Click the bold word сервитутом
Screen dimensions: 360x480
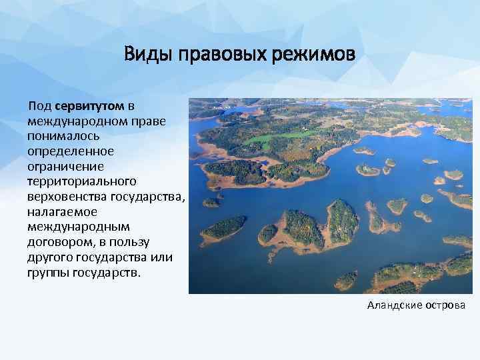90,106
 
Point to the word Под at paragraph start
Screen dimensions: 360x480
40,106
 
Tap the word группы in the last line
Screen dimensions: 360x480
47,271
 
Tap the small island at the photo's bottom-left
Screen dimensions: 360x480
223,228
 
